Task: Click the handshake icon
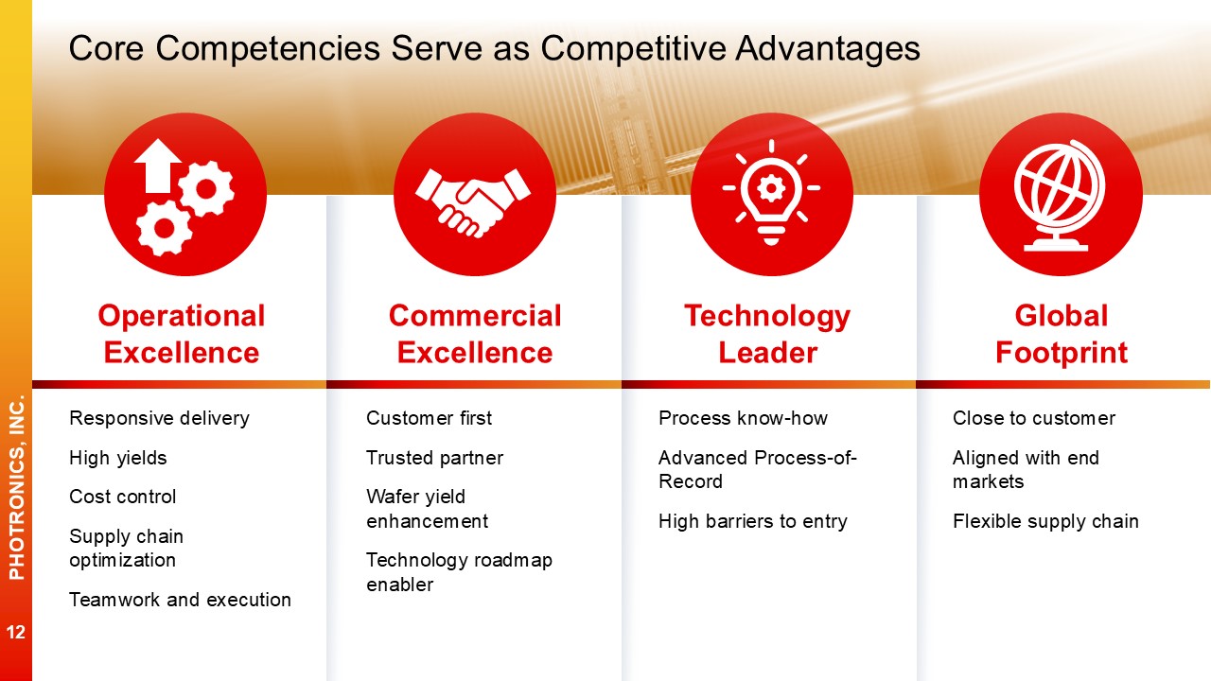473,202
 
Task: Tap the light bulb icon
771,192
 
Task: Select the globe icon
1060,195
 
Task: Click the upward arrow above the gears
158,166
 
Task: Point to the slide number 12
16,632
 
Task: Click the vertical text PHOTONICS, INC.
17,487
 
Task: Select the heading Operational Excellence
182,334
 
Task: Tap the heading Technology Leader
767,334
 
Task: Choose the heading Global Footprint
1062,334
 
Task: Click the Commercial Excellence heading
475,334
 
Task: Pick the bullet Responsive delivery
160,418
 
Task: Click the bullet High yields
118,458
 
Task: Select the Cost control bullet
123,497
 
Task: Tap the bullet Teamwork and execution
180,600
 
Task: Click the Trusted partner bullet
434,458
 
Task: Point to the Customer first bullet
429,418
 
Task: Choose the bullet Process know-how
743,418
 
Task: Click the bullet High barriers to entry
752,521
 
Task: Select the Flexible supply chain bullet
1045,521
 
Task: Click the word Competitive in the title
633,48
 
